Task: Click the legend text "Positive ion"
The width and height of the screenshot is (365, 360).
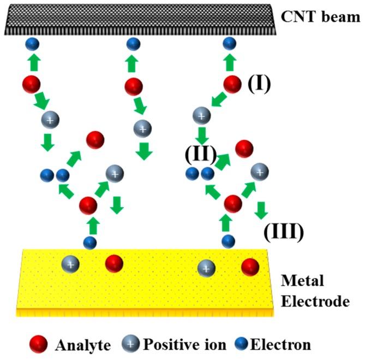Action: coord(188,345)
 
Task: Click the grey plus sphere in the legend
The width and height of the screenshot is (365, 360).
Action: coord(133,344)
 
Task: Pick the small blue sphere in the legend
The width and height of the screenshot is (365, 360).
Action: coord(246,344)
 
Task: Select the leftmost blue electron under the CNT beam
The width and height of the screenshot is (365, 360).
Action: coord(32,44)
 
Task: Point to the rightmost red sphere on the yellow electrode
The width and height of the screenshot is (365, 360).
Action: coord(250,267)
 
